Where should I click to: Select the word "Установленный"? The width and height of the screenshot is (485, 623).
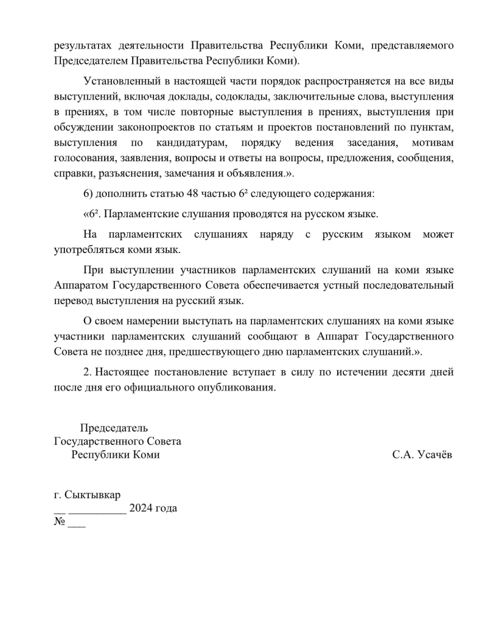click(119, 81)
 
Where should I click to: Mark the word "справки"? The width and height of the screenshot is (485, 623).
click(71, 173)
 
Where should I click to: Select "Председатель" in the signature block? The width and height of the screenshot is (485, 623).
click(114, 428)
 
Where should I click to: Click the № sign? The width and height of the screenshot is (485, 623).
click(60, 522)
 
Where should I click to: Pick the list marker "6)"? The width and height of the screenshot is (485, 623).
click(88, 194)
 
